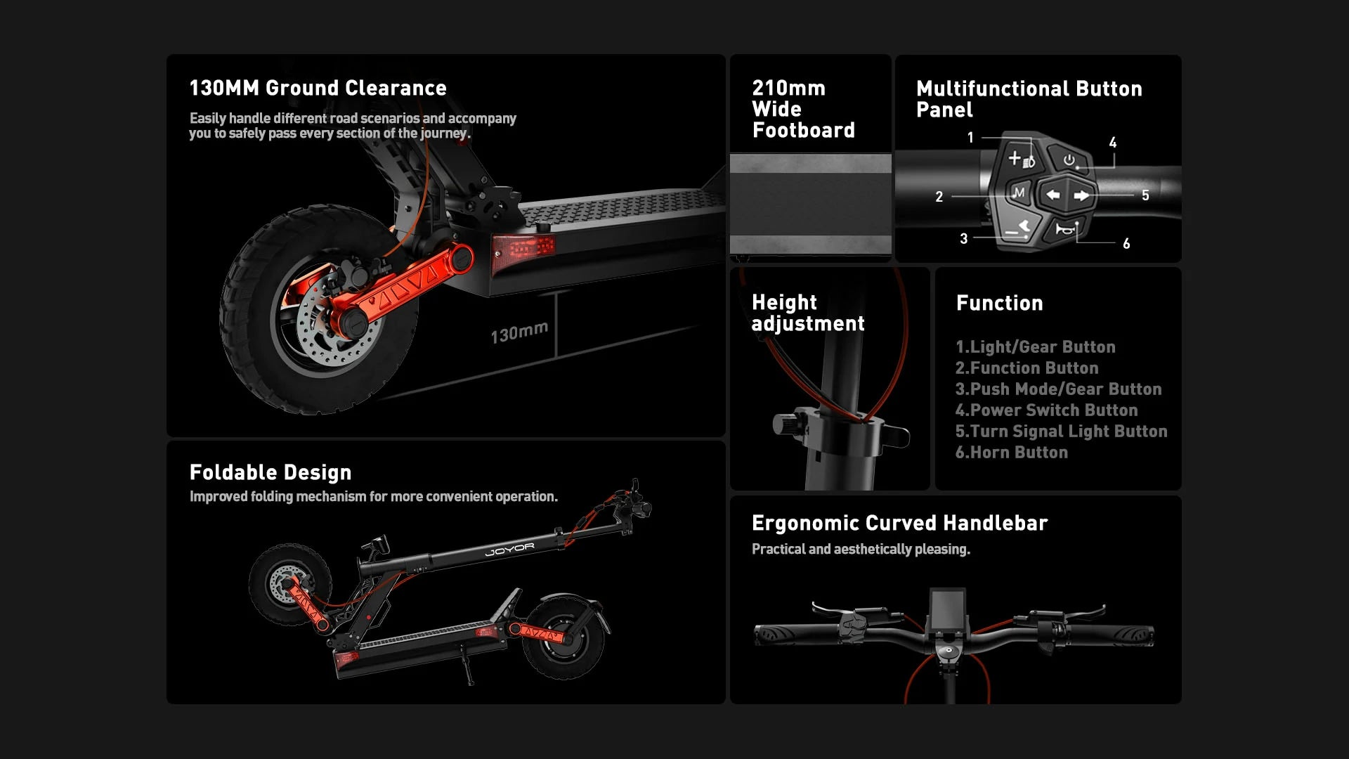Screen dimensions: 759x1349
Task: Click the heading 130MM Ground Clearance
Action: point(318,89)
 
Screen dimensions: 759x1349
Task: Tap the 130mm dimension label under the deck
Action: point(519,332)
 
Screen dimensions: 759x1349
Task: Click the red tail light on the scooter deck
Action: point(524,247)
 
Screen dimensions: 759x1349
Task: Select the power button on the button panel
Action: point(1068,160)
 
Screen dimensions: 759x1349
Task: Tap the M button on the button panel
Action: point(1018,193)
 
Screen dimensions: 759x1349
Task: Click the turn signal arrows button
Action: point(1067,195)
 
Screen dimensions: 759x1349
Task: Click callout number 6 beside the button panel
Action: point(1126,244)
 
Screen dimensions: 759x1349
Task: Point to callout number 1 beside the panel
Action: point(970,138)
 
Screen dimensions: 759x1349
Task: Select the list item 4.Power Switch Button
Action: point(1046,410)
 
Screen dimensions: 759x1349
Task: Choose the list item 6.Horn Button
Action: point(1011,453)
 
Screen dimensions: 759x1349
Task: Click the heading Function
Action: point(999,304)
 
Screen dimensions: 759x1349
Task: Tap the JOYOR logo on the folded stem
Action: point(509,550)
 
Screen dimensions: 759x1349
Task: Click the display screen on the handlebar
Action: point(948,609)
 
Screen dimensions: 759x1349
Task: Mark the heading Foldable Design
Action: point(271,473)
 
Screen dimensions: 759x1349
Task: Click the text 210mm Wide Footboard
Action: point(803,110)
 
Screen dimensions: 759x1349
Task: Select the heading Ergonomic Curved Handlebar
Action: point(899,524)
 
